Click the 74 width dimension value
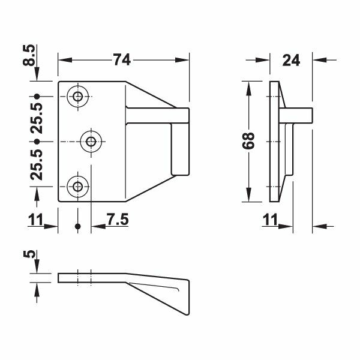pyautogui.click(x=122, y=59)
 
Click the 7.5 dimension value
pyautogui.click(x=117, y=220)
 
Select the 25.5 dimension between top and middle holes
pyautogui.click(x=37, y=119)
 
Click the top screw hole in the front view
pyautogui.click(x=77, y=96)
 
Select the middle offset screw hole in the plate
pyautogui.click(x=91, y=141)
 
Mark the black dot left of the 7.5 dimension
pyautogui.click(x=77, y=226)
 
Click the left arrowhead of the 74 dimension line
pyautogui.click(x=63, y=59)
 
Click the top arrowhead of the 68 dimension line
pyautogui.click(x=249, y=83)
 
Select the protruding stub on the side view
pyautogui.click(x=304, y=115)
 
